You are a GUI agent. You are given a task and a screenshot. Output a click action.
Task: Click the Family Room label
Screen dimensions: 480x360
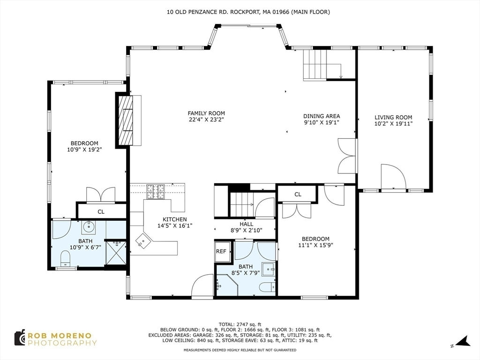(206, 113)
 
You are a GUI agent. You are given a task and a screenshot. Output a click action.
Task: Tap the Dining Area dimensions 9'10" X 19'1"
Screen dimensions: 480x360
(322, 122)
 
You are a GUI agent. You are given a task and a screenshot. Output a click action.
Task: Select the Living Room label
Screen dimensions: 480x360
(393, 117)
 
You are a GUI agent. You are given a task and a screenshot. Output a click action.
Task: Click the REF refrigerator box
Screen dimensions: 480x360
(221, 251)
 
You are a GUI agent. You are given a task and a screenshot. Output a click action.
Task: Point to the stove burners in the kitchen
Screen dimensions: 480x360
(156, 192)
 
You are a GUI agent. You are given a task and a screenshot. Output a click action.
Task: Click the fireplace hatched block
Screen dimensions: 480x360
(126, 120)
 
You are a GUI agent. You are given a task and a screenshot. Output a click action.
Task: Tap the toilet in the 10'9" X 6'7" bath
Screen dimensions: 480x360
(65, 258)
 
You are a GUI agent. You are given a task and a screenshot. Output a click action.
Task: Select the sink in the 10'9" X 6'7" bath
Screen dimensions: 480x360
(89, 227)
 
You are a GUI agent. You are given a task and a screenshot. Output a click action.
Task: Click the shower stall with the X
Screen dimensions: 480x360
(116, 253)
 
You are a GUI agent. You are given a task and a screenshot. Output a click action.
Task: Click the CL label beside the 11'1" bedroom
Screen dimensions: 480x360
(298, 195)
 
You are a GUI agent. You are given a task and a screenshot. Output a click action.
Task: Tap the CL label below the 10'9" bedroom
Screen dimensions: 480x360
(101, 211)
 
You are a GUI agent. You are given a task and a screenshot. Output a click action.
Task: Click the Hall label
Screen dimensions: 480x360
(247, 224)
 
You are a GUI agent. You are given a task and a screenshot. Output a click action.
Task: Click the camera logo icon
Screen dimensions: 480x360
(20, 337)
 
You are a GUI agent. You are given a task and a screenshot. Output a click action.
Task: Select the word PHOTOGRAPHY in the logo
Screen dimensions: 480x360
(62, 343)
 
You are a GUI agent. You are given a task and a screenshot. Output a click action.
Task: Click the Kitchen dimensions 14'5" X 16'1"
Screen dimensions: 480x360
(175, 226)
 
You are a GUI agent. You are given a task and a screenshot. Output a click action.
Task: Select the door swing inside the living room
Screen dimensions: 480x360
(394, 177)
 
